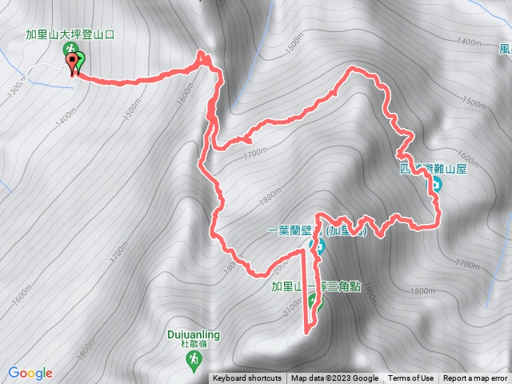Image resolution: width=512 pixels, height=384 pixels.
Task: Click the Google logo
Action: (30, 373)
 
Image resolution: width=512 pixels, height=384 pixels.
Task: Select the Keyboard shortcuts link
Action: (247, 378)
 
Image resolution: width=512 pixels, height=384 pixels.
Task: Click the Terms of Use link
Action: (410, 378)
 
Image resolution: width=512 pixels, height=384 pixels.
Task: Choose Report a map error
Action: (475, 378)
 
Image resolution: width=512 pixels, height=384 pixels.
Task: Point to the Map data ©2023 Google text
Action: (334, 378)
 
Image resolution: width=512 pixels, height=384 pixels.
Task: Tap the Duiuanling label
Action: (194, 335)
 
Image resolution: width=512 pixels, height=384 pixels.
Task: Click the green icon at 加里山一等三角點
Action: (314, 302)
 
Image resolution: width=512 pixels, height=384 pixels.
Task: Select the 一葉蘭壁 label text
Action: (294, 231)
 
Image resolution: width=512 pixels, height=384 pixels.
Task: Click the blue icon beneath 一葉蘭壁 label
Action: (318, 246)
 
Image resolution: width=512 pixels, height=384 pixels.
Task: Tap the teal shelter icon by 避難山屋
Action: (436, 186)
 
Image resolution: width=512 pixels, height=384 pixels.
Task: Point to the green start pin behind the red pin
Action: (80, 60)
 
